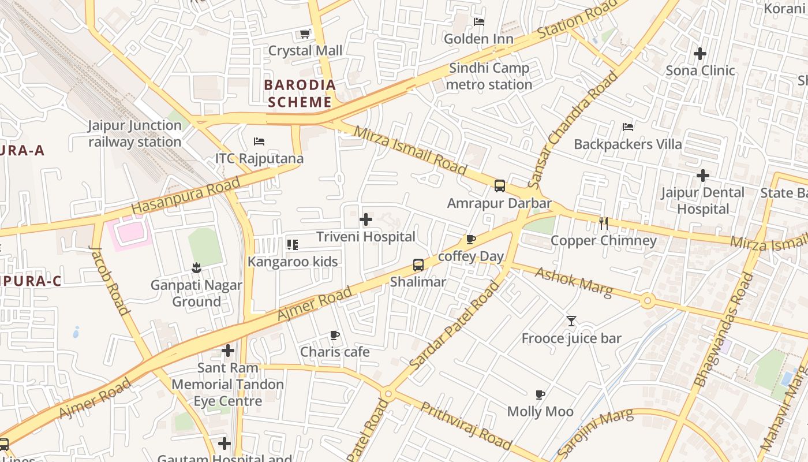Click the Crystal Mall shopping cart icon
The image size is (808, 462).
point(305,34)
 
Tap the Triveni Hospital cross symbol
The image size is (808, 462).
point(365,219)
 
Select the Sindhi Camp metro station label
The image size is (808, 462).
point(489,76)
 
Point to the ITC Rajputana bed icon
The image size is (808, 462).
point(259,141)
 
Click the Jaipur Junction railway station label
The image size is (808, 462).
point(134,133)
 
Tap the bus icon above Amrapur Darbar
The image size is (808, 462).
point(500,186)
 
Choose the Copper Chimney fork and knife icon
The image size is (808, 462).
point(604,223)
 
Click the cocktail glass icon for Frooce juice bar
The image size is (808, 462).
point(571,321)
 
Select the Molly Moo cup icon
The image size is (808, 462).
point(540,394)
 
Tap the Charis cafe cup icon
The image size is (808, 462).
point(334,335)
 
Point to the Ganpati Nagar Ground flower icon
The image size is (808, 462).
point(197,267)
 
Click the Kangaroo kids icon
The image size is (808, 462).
point(293,245)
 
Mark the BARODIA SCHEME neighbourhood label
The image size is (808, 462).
point(299,94)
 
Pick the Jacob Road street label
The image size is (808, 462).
point(110,280)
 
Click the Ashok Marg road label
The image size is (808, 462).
point(574,282)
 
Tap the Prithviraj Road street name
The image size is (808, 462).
point(465,426)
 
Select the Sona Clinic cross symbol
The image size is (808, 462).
point(700,54)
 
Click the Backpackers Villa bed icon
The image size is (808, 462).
point(628,127)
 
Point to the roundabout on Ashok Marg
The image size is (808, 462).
point(648,300)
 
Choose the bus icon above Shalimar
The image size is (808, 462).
point(418,265)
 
